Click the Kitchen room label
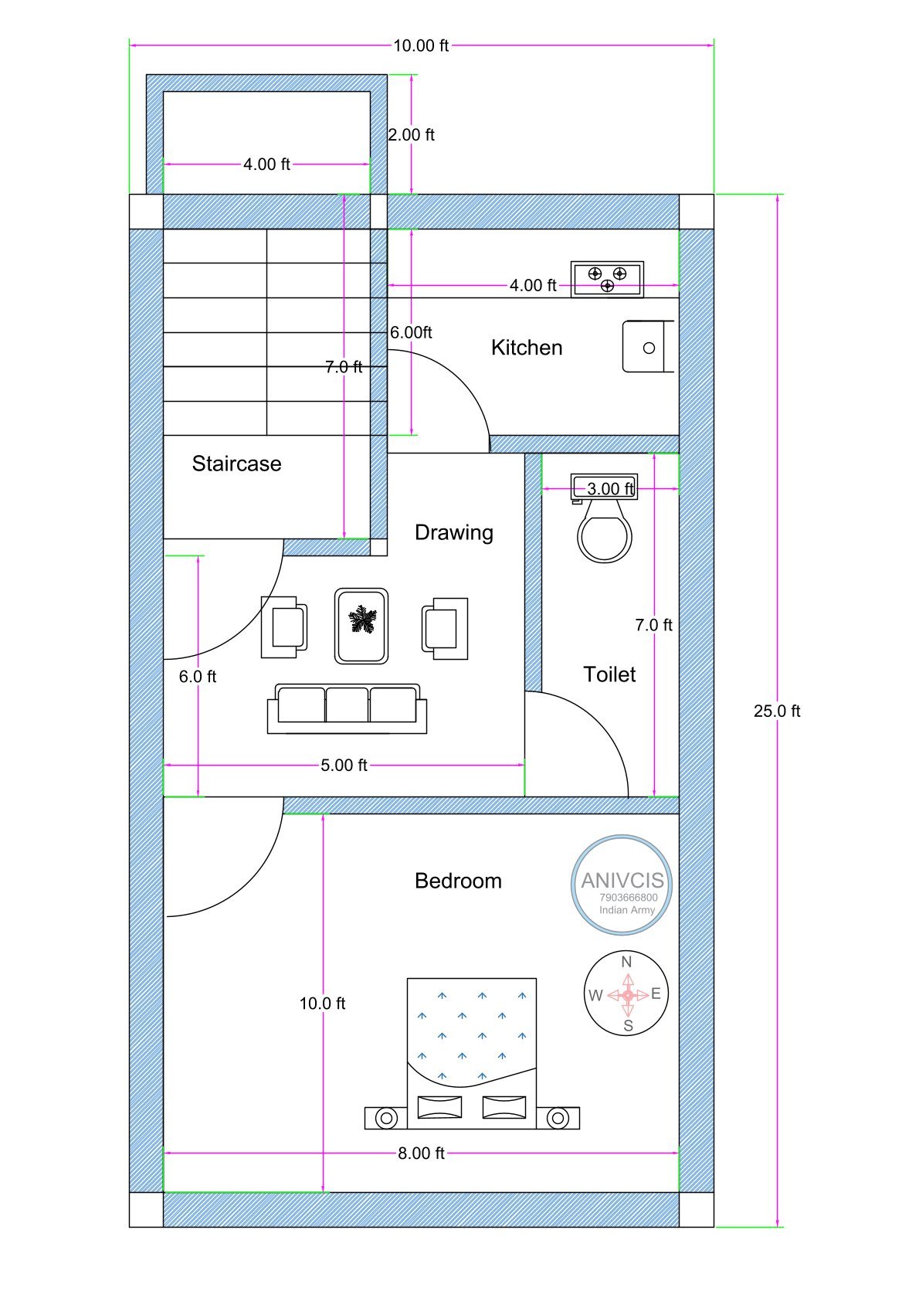[x=527, y=348]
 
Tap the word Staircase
[x=237, y=464]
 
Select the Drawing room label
[x=454, y=532]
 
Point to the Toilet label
[x=609, y=674]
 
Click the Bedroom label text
[x=458, y=881]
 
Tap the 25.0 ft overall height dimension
[x=777, y=711]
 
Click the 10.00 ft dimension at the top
[x=421, y=46]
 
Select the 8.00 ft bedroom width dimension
[x=421, y=1153]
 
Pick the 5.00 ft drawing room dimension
[x=344, y=765]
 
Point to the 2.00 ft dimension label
[x=411, y=134]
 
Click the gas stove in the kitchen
[x=607, y=280]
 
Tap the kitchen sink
[x=648, y=347]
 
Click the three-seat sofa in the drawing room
[x=348, y=708]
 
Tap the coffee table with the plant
[x=361, y=626]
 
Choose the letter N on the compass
[x=626, y=962]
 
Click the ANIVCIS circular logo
[x=622, y=885]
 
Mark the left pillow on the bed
[x=440, y=1107]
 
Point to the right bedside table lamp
[x=558, y=1117]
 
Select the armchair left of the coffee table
[x=284, y=627]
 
